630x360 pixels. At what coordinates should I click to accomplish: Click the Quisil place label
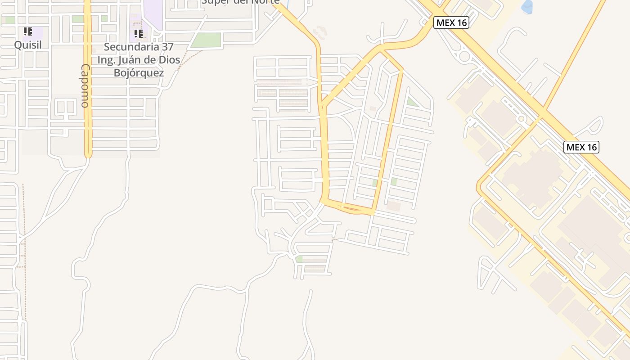coord(27,45)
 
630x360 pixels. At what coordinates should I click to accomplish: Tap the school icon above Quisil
coord(27,31)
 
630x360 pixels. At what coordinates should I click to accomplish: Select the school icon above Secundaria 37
coord(139,33)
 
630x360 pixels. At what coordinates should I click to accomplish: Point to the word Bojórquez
coord(139,72)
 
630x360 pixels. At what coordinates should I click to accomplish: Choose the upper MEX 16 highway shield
coord(451,22)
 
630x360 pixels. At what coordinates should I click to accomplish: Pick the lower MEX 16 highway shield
coord(581,147)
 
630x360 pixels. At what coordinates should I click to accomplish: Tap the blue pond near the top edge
coord(526,6)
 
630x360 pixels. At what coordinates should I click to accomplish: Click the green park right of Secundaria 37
coord(207,40)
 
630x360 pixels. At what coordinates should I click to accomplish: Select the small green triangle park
coord(411,102)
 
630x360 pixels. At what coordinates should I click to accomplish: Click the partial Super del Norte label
coord(240,2)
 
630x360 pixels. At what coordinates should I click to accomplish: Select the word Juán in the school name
coord(132,60)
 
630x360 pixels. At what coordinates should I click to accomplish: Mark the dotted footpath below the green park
coord(189,58)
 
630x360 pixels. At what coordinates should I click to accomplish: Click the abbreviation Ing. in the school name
coord(107,60)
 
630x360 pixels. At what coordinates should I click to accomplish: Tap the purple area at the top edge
coord(153,8)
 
